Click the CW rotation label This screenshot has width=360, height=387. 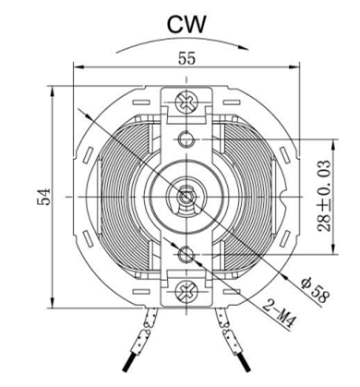tap(186, 25)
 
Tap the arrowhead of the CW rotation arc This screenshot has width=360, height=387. tap(244, 47)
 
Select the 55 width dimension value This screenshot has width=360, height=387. tap(186, 58)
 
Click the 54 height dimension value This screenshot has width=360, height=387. tap(43, 197)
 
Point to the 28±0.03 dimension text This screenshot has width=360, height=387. tap(325, 197)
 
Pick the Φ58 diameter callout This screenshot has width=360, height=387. tap(315, 290)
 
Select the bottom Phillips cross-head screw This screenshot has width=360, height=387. tap(186, 291)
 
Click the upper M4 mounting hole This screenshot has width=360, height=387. tap(186, 139)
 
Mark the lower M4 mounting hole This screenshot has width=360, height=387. tap(186, 253)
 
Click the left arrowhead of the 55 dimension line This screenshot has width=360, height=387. tap(79, 67)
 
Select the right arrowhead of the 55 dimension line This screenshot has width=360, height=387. tap(294, 67)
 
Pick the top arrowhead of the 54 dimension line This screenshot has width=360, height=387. tap(53, 91)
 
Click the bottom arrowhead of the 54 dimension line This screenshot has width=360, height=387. tap(53, 302)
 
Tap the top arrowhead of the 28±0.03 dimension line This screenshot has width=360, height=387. tap(333, 145)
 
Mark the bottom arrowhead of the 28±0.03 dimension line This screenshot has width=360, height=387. tap(333, 248)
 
